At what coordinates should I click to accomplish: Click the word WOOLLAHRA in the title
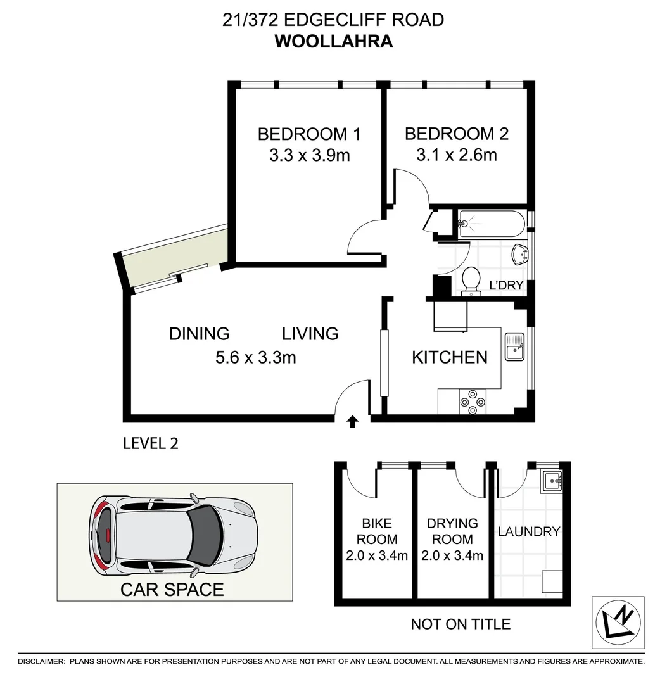tap(333, 42)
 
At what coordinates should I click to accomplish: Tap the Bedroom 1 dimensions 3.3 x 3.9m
tap(309, 155)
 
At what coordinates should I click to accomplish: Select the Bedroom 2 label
tap(456, 134)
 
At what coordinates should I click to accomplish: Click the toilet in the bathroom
tap(471, 281)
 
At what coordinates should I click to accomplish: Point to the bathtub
tap(491, 224)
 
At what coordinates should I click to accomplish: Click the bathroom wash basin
tap(520, 255)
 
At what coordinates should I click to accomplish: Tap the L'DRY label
tap(506, 286)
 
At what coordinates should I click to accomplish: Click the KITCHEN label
tap(450, 357)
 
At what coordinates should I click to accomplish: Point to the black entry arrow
tap(352, 422)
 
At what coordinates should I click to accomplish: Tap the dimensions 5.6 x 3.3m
tap(256, 358)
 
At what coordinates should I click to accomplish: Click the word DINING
tap(199, 334)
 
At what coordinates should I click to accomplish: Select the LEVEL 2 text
tap(151, 443)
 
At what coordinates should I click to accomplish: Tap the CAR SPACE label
tap(172, 590)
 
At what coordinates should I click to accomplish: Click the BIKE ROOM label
tap(377, 531)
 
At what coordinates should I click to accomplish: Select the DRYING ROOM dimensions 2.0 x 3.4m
tap(452, 556)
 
